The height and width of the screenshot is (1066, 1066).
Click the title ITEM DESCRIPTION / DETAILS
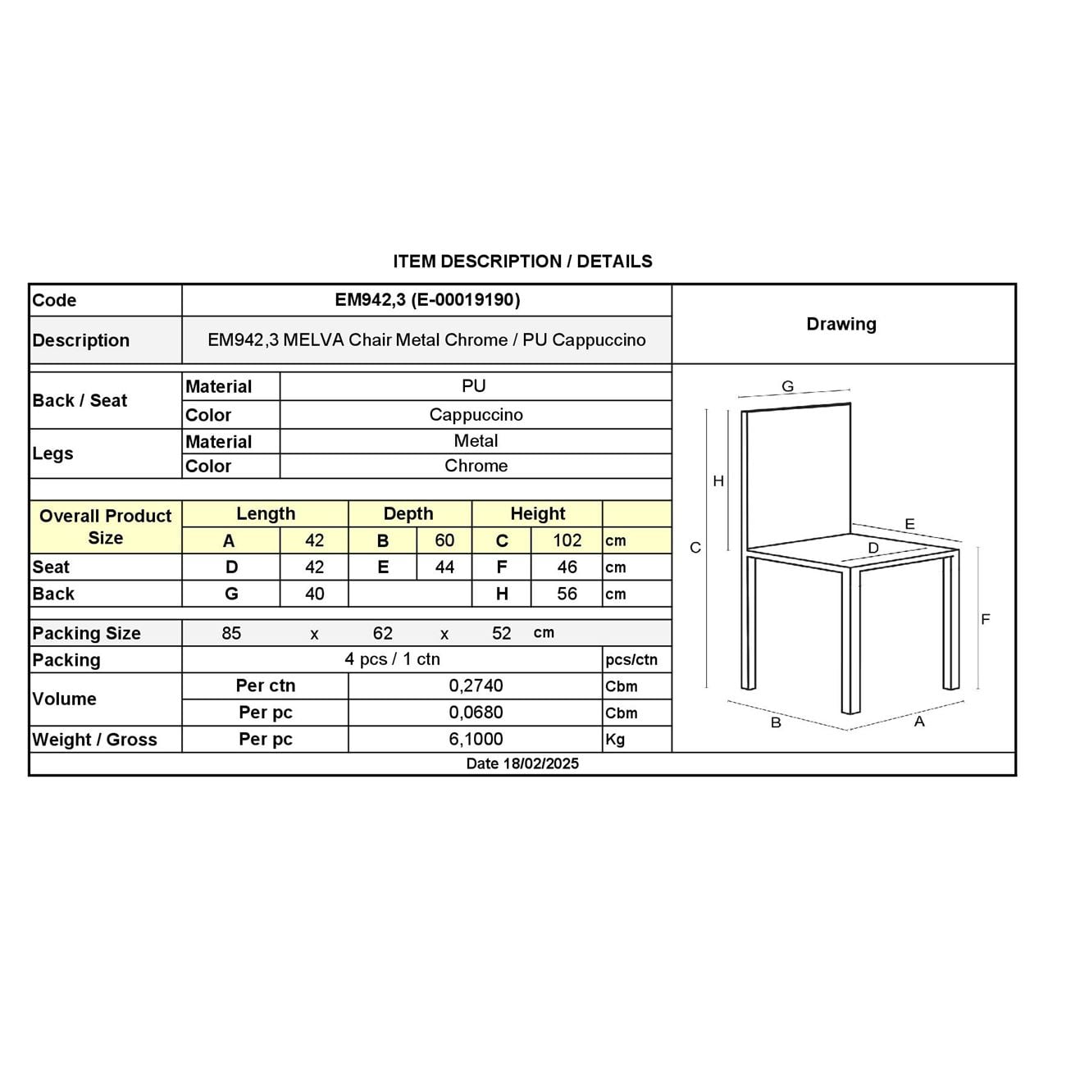tap(522, 262)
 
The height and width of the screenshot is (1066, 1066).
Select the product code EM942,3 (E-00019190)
tap(427, 300)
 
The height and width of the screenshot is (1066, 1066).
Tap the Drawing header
tap(841, 324)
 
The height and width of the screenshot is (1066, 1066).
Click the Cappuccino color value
tap(476, 415)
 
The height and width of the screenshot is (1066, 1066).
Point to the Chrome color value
tap(476, 466)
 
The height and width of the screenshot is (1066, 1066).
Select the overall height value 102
tap(567, 540)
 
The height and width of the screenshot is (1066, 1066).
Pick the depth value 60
tap(444, 540)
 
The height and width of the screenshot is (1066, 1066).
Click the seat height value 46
tap(567, 567)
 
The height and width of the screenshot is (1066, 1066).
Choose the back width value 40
tap(314, 594)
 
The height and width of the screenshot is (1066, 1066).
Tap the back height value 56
tap(567, 594)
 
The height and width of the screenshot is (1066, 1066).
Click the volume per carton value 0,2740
tap(476, 686)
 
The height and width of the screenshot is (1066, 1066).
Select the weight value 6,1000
tap(476, 740)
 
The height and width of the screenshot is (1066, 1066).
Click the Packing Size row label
tap(86, 633)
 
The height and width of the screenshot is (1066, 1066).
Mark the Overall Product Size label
tap(105, 527)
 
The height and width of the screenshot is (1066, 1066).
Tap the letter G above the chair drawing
tap(787, 387)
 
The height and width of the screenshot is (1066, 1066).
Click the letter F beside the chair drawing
tap(986, 620)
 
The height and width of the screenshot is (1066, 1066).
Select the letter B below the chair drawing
tap(776, 723)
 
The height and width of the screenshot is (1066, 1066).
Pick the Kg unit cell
tap(615, 740)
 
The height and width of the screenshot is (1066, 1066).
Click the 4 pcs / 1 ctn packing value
tap(392, 659)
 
